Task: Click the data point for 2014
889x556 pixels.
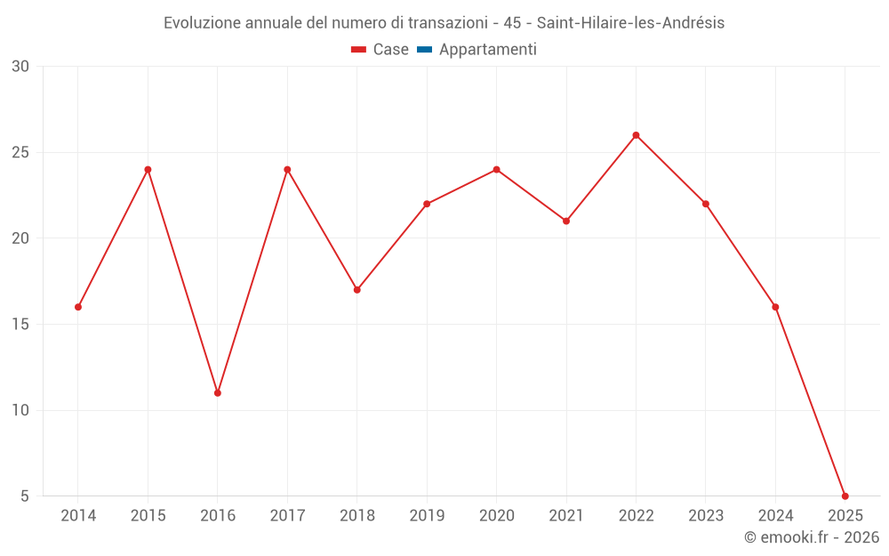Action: [78, 307]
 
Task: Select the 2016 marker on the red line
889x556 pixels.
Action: [218, 393]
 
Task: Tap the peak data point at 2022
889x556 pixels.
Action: [636, 135]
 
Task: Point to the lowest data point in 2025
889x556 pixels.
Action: [845, 496]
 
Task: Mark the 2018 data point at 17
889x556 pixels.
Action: [356, 290]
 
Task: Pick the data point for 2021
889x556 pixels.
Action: [566, 221]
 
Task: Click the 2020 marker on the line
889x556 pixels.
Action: [496, 169]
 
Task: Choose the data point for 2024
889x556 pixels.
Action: [775, 307]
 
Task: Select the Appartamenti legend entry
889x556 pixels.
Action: [487, 50]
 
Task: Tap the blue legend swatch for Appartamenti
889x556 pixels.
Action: [424, 50]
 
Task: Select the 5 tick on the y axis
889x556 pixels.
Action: [25, 496]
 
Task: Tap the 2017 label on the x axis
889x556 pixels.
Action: [287, 516]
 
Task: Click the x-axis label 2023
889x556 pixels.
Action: [706, 516]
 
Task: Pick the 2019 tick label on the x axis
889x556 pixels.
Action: [427, 516]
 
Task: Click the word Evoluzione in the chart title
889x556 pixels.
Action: [201, 23]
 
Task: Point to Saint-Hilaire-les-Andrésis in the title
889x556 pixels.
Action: [630, 23]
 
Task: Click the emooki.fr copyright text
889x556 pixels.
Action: [812, 537]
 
